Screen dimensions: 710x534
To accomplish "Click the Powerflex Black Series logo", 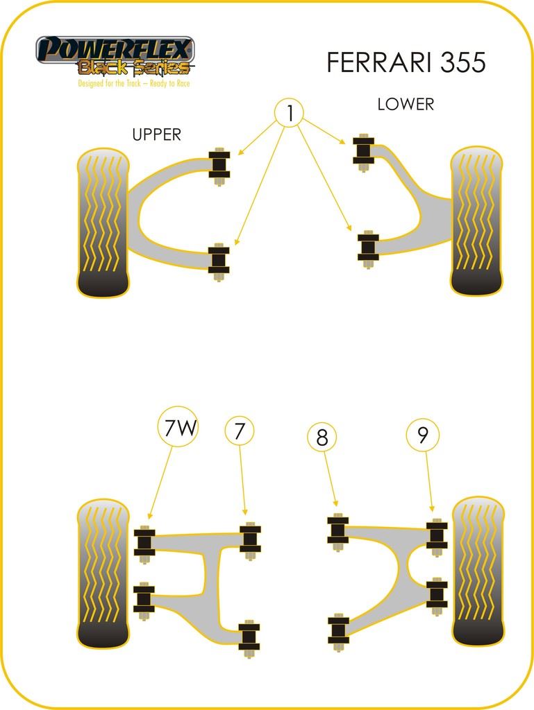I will click(115, 55).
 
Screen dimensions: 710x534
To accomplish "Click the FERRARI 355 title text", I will click(406, 62).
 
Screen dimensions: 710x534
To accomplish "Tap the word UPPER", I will click(156, 135).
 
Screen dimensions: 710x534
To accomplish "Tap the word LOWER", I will click(406, 105).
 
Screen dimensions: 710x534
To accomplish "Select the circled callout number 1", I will click(289, 112).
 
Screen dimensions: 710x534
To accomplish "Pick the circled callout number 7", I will click(240, 432).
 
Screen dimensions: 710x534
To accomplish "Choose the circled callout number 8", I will click(322, 437).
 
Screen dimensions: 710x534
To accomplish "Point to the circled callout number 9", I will click(423, 435).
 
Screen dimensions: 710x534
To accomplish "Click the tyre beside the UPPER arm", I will click(103, 222).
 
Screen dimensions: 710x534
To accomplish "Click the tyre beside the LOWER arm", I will click(476, 220).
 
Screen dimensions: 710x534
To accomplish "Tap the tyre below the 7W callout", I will click(102, 572).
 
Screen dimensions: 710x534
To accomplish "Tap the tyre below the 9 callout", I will click(478, 571).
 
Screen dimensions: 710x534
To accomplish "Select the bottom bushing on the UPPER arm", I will click(219, 262).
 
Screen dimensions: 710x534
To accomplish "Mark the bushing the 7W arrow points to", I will click(144, 545).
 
